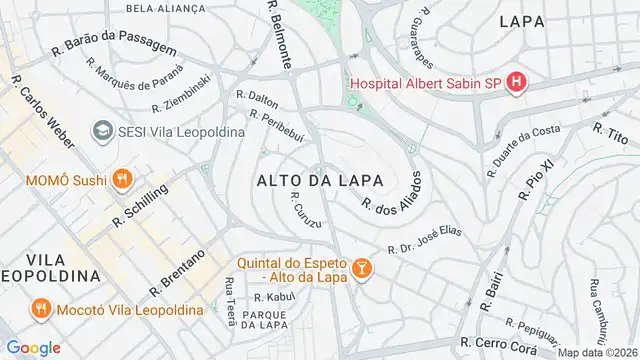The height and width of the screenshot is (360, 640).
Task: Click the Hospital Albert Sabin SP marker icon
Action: (x=516, y=82)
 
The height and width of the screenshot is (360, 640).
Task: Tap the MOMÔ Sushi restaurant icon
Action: (x=122, y=179)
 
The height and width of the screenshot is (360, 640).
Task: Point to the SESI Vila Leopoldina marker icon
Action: (x=101, y=131)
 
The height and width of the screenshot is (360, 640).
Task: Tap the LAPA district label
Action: (x=521, y=20)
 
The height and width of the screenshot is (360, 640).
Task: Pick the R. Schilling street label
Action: (x=140, y=205)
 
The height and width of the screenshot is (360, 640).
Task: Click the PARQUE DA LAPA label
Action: (x=259, y=320)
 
